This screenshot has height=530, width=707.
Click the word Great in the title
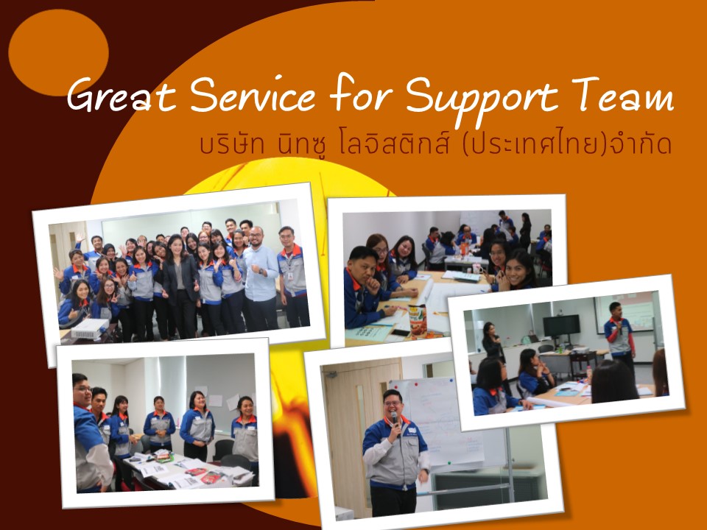coord(122,96)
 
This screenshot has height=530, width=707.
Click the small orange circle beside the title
coord(58,52)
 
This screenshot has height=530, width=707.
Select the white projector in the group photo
coord(90,328)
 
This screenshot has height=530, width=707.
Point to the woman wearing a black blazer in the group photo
coord(180,286)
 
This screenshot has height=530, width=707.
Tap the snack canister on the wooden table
coord(418,320)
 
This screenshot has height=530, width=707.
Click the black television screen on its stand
coord(561,325)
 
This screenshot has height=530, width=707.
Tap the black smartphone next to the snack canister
coord(401,333)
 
